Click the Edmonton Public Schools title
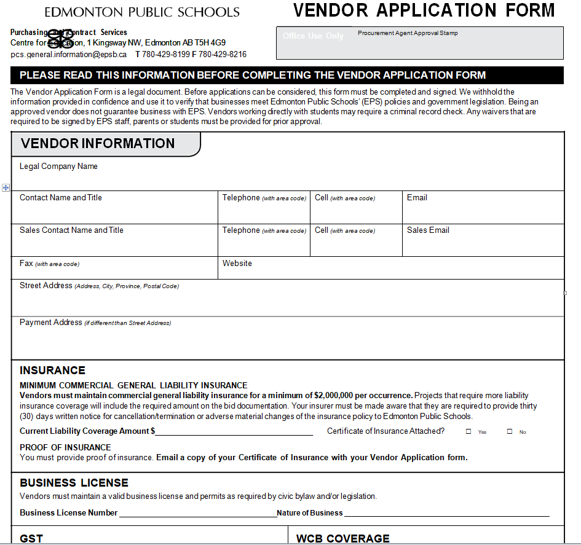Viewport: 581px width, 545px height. (x=142, y=12)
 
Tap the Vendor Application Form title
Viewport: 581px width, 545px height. (x=424, y=10)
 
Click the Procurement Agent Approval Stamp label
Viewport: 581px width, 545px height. (x=408, y=33)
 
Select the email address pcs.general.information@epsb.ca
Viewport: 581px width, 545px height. (x=69, y=54)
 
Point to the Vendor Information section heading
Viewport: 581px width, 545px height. (x=98, y=144)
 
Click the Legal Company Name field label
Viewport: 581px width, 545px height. (x=58, y=167)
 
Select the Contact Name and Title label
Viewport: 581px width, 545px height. (x=61, y=198)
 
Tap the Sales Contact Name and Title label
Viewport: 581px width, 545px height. (x=71, y=230)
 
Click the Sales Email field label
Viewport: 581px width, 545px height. (x=428, y=230)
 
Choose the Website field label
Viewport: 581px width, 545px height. (x=237, y=264)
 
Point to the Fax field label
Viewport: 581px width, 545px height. (x=26, y=264)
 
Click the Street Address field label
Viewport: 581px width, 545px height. (x=46, y=286)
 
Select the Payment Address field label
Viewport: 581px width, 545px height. (x=51, y=323)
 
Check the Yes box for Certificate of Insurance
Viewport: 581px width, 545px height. (x=468, y=432)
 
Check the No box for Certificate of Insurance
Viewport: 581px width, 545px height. (x=510, y=432)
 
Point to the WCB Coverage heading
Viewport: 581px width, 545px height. (x=343, y=538)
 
